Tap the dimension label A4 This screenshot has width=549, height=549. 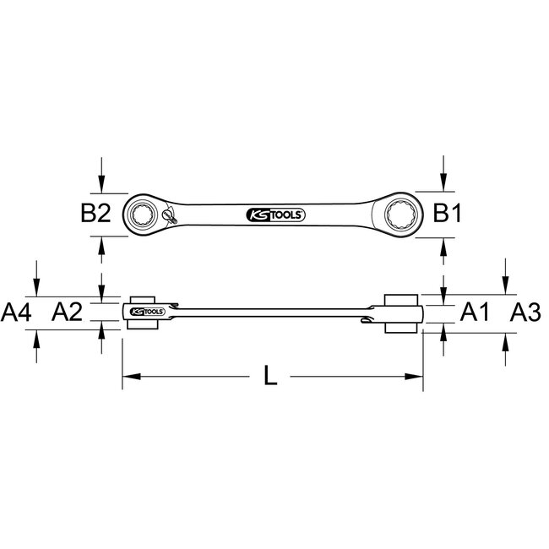[17, 313]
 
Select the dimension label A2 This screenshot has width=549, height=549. [67, 313]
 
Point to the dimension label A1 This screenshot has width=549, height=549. [475, 313]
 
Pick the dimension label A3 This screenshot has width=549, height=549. [526, 313]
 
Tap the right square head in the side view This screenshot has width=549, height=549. [402, 314]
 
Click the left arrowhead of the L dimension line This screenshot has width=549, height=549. [128, 376]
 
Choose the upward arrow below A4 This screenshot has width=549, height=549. [36, 338]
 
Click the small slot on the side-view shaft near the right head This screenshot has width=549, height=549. [366, 318]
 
